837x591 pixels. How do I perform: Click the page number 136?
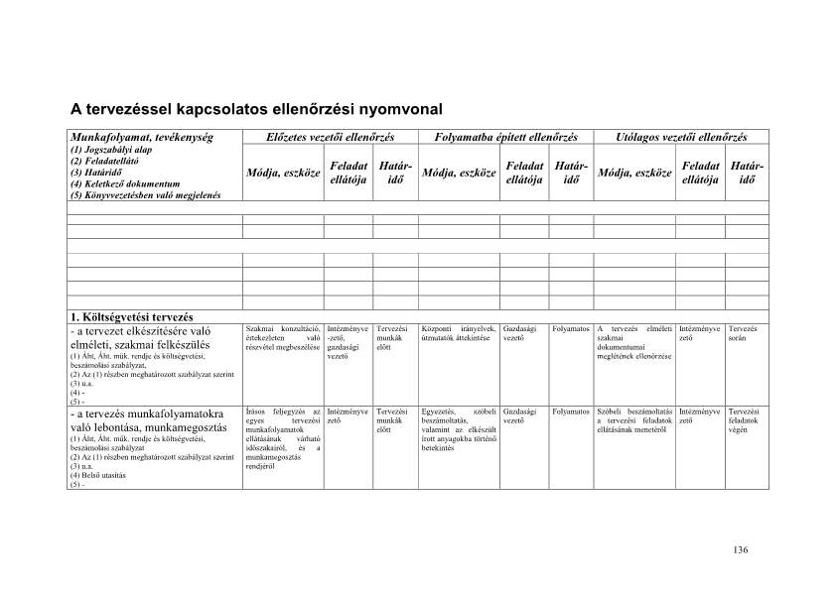click(739, 550)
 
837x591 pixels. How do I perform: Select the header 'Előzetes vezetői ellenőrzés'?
click(331, 137)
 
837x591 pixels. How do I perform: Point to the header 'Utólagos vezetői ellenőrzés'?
click(681, 137)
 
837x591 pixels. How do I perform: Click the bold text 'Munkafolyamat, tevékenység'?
click(135, 137)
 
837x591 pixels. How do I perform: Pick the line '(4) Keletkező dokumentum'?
click(124, 183)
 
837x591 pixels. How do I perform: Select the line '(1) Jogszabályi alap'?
click(111, 150)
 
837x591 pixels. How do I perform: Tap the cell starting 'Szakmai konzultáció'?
click(282, 338)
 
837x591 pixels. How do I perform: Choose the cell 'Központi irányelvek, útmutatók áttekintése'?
click(460, 333)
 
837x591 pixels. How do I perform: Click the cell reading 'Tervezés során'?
click(743, 333)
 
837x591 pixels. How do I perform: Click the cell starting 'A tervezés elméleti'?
click(634, 342)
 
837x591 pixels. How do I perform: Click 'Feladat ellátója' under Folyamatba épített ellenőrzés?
click(523, 173)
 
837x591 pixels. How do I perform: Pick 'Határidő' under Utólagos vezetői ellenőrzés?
click(746, 173)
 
